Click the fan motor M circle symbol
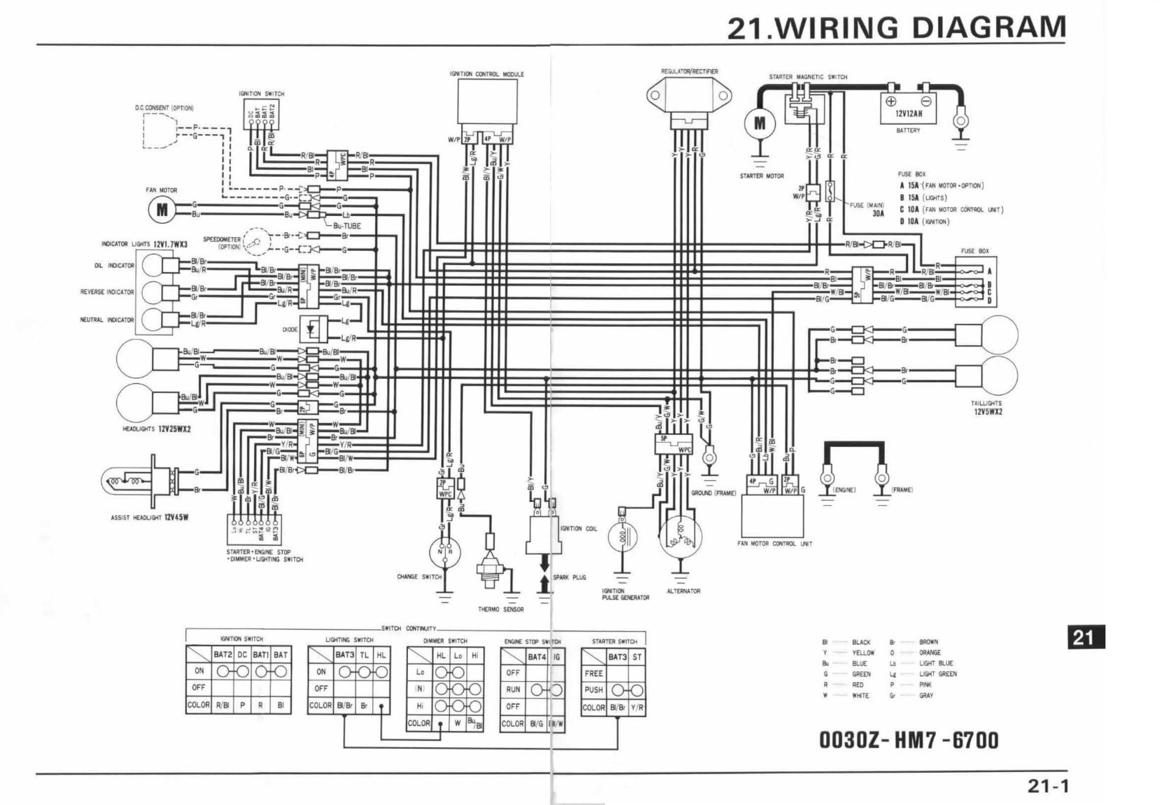pos(162,209)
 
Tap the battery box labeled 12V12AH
pos(908,108)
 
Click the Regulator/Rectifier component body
pos(689,97)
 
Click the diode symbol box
pos(313,329)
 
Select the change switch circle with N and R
pos(445,552)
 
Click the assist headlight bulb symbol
pos(126,482)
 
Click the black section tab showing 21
pos(1086,637)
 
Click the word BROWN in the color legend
pos(928,642)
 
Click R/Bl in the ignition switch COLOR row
pos(222,705)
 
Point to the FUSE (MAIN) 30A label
pos(867,209)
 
